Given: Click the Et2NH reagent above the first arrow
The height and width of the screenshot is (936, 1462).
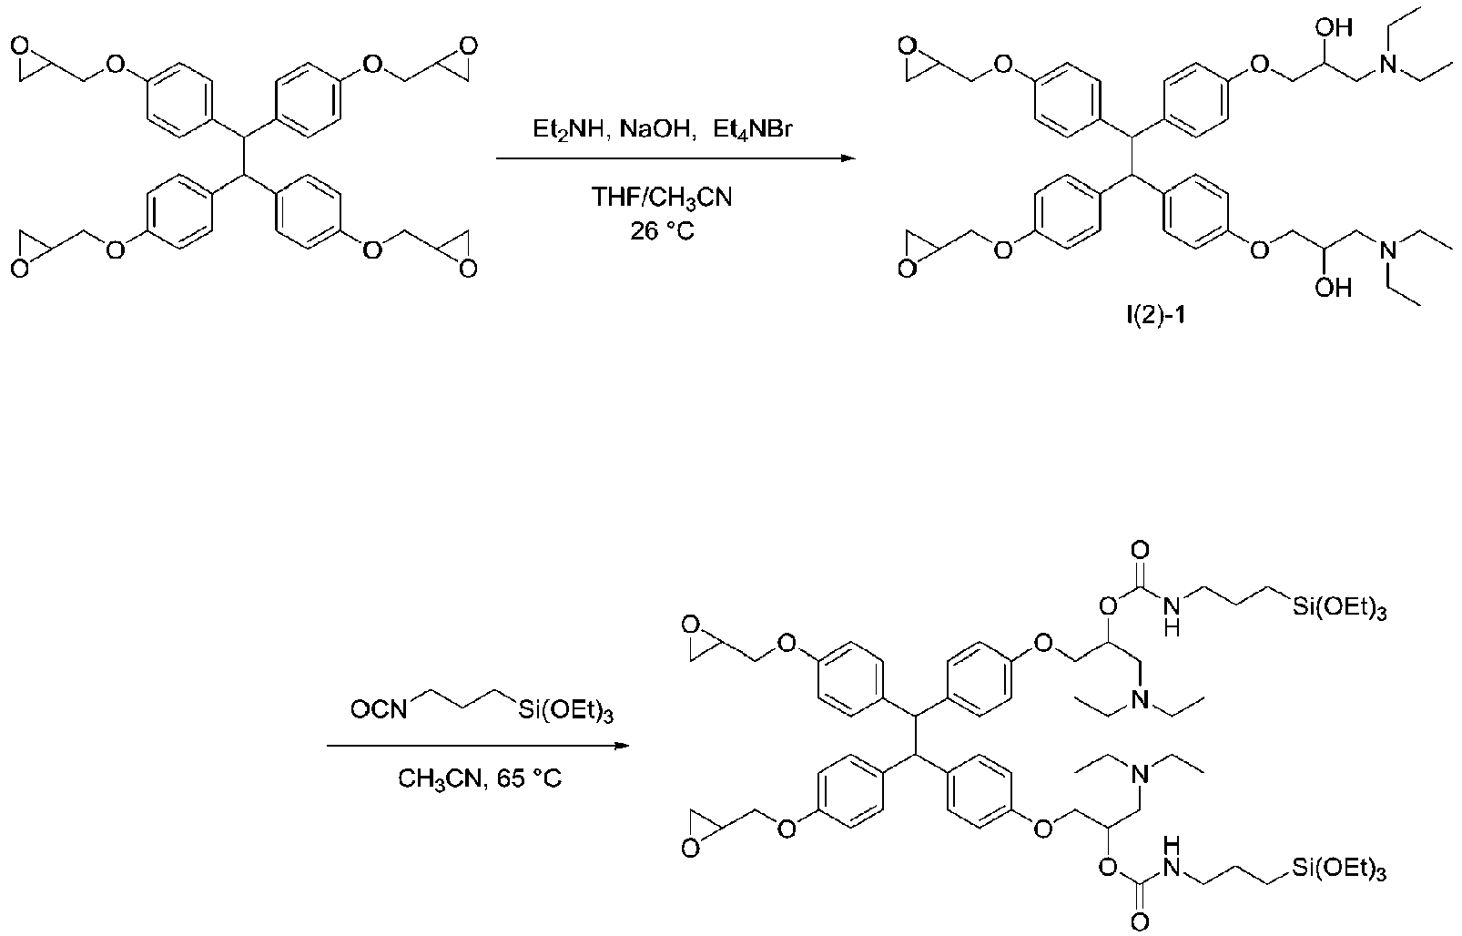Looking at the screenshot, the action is [x=568, y=130].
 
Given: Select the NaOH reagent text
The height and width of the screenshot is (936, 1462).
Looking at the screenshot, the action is [x=655, y=129].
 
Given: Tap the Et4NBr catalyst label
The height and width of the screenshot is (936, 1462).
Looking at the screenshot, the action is [x=753, y=130].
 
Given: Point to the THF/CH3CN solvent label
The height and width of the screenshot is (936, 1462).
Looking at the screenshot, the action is [x=662, y=197].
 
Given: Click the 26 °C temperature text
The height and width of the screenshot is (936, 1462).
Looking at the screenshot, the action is [x=662, y=230].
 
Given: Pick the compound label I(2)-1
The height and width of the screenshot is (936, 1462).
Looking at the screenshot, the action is [x=1155, y=317].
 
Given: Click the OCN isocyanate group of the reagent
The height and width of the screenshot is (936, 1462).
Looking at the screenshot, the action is [x=379, y=709].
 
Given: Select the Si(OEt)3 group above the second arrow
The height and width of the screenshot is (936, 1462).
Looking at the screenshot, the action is [x=566, y=711].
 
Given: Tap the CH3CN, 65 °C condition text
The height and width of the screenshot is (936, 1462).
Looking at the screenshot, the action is [x=480, y=778].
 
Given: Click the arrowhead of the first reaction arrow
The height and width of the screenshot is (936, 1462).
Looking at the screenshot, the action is [x=848, y=158].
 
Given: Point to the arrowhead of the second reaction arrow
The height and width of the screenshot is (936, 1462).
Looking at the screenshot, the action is [x=621, y=746].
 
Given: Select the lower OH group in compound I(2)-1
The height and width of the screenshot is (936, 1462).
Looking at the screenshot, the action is [x=1333, y=287].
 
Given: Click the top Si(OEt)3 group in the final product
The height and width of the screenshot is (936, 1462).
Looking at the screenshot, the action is [x=1339, y=609].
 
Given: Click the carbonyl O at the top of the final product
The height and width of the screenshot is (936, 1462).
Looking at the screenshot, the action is [x=1141, y=552].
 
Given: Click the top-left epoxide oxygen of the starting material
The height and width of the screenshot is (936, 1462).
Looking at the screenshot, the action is [x=20, y=46].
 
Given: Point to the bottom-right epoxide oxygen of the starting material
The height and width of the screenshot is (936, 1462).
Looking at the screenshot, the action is [x=468, y=269].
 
